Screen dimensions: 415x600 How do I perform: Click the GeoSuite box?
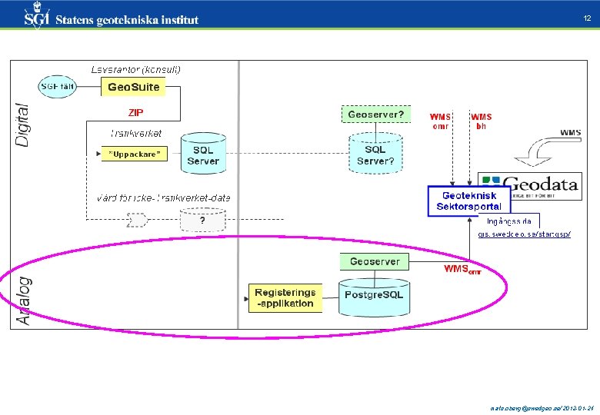[133, 87]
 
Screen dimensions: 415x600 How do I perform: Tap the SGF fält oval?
[58, 86]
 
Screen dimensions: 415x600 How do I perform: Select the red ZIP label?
[135, 112]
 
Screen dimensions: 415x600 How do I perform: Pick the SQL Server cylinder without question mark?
[202, 154]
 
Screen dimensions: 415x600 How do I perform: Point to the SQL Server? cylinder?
[375, 154]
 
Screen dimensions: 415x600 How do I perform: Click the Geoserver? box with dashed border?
[375, 115]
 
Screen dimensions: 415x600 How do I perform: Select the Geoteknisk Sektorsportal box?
[468, 201]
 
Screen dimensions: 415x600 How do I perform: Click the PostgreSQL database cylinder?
[374, 294]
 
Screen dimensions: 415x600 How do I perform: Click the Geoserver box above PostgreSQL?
[375, 261]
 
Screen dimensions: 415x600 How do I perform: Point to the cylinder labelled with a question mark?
[202, 220]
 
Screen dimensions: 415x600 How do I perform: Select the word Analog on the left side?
[24, 299]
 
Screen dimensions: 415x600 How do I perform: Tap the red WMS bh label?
[482, 121]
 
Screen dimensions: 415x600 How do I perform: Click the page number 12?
[587, 18]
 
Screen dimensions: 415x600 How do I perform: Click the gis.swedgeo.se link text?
[524, 234]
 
